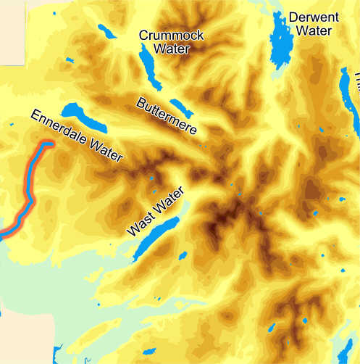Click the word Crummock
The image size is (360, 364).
[171, 36]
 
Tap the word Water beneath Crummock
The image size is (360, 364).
[171, 49]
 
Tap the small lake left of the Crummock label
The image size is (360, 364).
[106, 32]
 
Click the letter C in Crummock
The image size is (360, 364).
[143, 36]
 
